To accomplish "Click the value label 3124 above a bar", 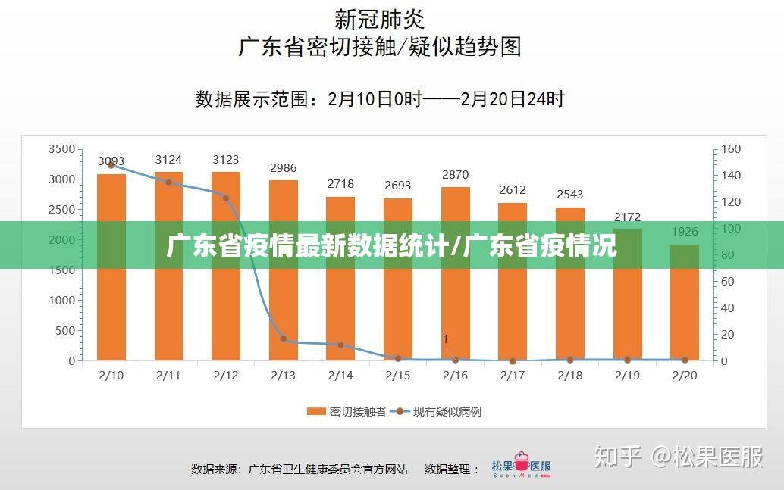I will point(168,159).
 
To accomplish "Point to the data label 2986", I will point(284,168).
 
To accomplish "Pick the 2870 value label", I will point(456,175).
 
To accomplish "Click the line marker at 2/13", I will point(284,339).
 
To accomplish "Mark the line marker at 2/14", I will point(340,345).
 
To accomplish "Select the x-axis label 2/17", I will point(513,375).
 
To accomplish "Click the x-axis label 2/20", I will point(685,375).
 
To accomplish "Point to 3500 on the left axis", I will point(61,149).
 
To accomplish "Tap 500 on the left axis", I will point(65,331).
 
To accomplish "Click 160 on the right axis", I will point(730,149).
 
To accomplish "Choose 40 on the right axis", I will point(727,308).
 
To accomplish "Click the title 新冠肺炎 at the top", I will point(380,17).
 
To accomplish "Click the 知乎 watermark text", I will point(618,457).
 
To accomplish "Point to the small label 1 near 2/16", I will point(446,339).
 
